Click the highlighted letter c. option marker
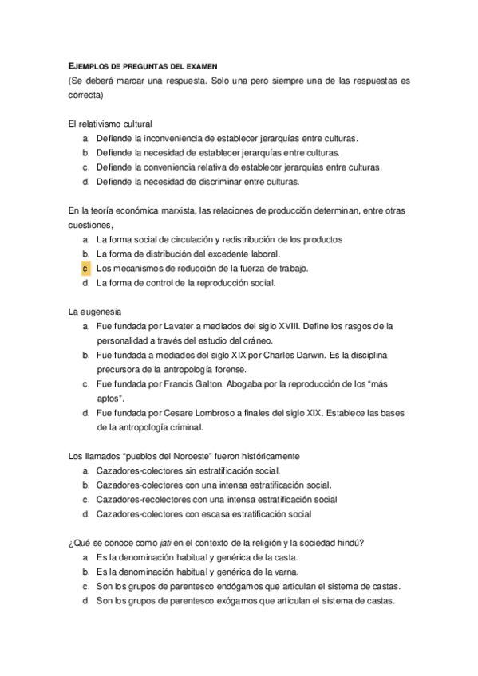(x=85, y=268)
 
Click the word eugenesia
(x=101, y=311)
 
